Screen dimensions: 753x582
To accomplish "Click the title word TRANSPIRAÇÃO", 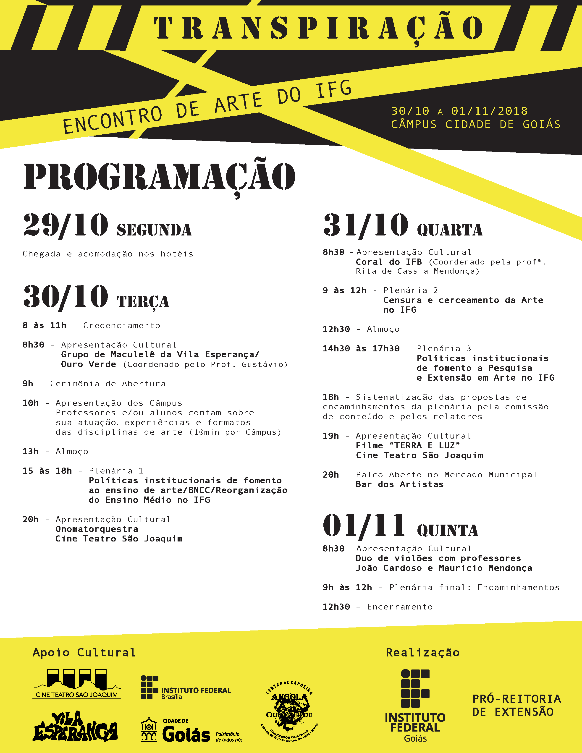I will (x=318, y=29).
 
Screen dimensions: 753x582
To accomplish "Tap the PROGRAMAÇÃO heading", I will (x=159, y=177).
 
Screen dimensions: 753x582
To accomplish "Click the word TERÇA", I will (x=143, y=302).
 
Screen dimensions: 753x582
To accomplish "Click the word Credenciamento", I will (x=122, y=325).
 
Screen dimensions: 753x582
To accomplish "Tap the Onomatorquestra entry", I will (x=97, y=529).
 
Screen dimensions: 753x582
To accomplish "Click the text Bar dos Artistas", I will (x=400, y=484).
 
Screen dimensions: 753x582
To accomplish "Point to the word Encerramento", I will (x=400, y=607).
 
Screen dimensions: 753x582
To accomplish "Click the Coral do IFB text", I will (x=389, y=262).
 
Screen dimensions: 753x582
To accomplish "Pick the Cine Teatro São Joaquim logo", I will (x=76, y=684).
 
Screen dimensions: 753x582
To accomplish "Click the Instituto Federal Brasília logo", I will (x=186, y=688).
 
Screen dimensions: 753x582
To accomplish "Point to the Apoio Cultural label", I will (x=84, y=653).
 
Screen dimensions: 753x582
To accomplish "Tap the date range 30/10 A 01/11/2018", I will (x=459, y=111).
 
